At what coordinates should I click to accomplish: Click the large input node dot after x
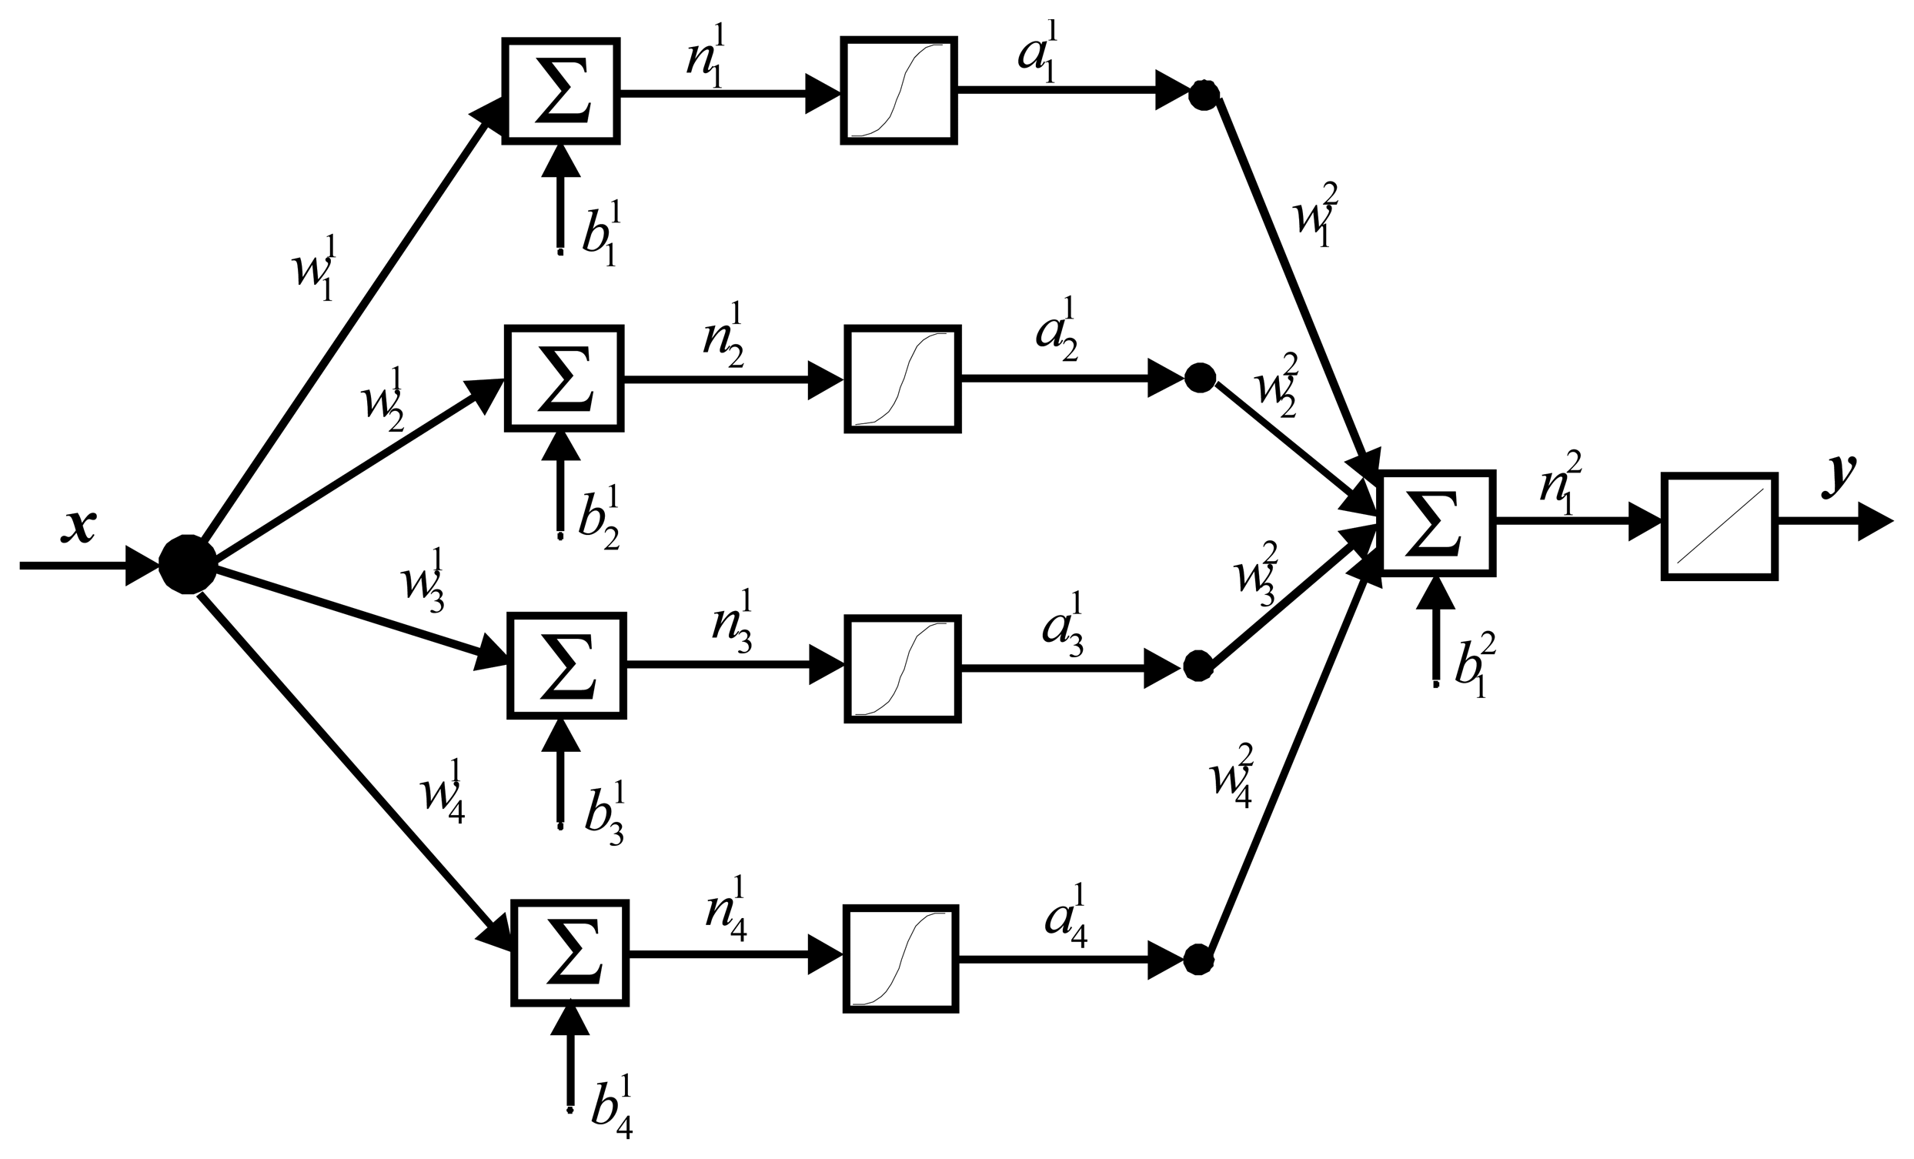coord(187,564)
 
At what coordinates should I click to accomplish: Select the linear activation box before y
coord(1719,526)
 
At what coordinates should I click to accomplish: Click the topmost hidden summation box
coord(561,91)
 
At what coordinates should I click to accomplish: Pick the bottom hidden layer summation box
coord(570,954)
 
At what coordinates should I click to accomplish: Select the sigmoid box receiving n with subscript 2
coord(903,379)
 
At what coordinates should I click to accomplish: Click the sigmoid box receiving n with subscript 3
coord(903,668)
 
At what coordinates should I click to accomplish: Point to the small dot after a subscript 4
coord(1198,960)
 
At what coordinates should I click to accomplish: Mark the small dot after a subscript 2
coord(1200,378)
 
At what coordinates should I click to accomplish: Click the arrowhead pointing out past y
coord(1875,522)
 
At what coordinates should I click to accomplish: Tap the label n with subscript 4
coord(727,910)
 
